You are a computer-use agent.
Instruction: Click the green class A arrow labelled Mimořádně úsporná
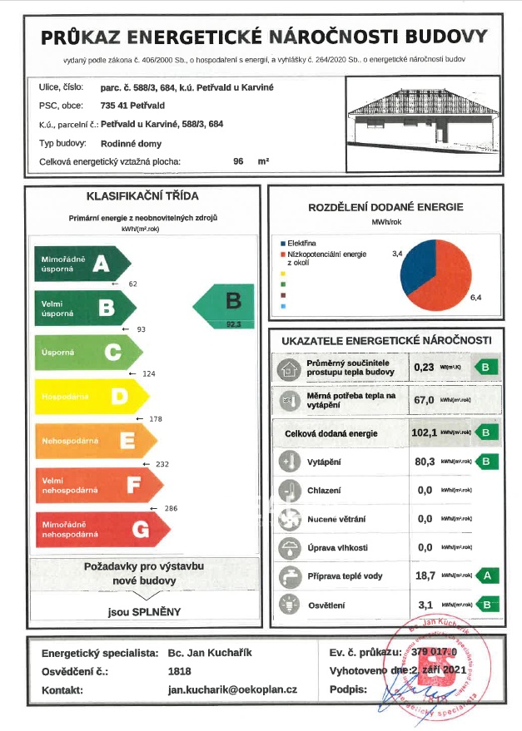[79, 264]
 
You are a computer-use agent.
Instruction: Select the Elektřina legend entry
[301, 242]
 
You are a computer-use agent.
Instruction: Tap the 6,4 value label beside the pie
[476, 297]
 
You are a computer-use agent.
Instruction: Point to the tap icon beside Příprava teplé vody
[288, 576]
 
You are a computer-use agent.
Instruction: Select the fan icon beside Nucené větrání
[288, 519]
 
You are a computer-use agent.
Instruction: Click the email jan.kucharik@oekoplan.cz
[232, 690]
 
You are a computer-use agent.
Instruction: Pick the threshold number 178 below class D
[155, 418]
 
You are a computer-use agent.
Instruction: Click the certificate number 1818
[179, 671]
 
